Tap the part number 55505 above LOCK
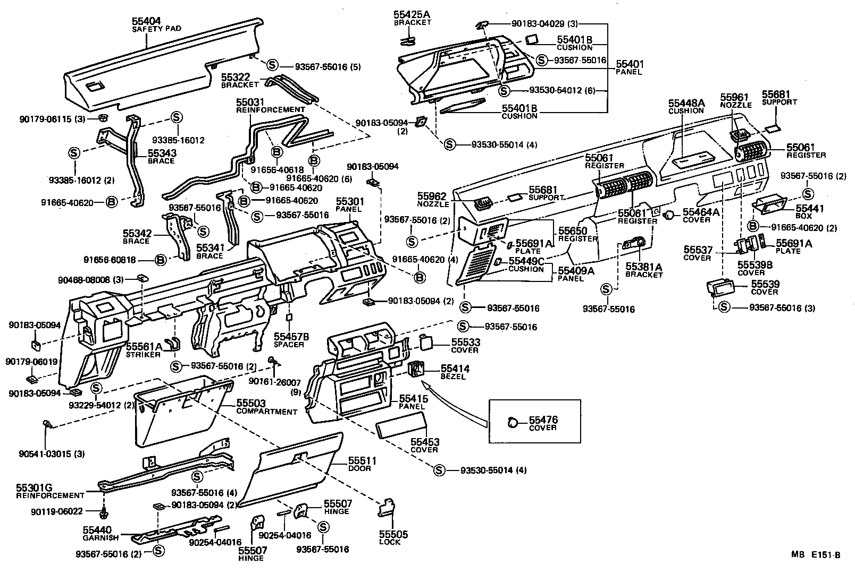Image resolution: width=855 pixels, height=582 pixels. (393, 534)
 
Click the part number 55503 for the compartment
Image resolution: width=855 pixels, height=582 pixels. (250, 404)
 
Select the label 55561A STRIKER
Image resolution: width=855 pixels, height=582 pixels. (144, 350)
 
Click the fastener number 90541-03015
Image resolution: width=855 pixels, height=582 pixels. (45, 454)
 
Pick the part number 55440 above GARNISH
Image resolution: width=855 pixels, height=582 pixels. (97, 530)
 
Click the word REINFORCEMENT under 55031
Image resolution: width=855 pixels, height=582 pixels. (271, 109)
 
